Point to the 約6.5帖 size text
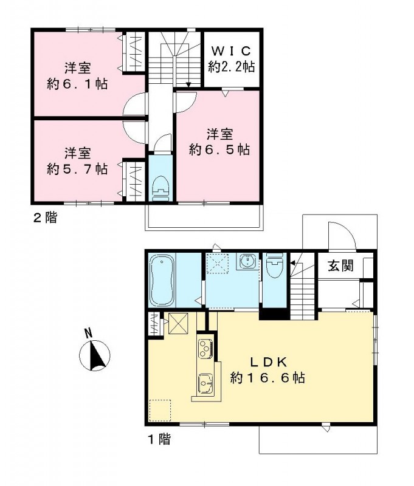coord(219,149)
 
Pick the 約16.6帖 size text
coord(267,378)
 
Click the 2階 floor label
coord(45,217)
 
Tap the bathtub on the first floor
coord(164,281)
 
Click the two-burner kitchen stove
coord(204,349)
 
